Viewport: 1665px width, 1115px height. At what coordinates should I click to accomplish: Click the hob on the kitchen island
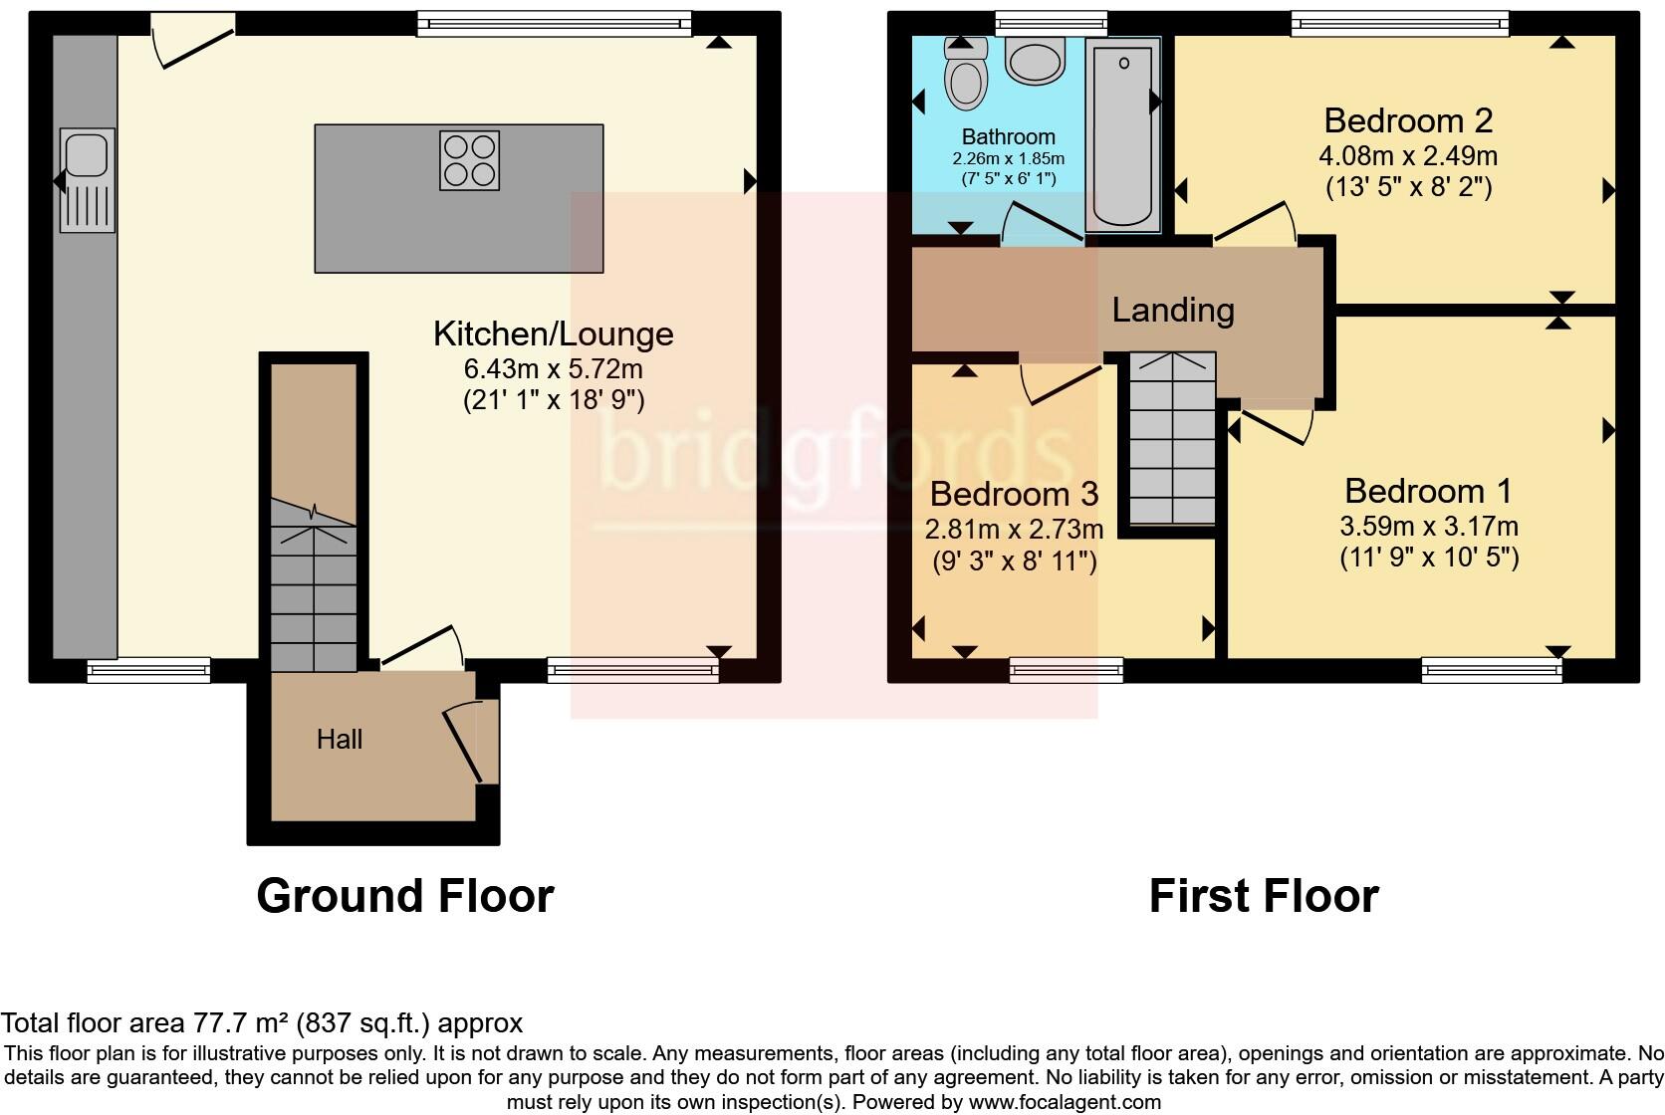(x=469, y=160)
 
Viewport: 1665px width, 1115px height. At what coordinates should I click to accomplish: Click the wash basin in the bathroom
(x=1037, y=59)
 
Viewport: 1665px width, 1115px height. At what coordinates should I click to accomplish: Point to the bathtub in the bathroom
(x=1123, y=135)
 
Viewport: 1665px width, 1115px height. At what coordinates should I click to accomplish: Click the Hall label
(x=340, y=739)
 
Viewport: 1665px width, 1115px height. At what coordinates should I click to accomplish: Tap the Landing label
(x=1173, y=310)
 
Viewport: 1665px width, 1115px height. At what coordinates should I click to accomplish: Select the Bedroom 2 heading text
(x=1408, y=120)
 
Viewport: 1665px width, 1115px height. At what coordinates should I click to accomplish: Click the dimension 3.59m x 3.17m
(x=1429, y=525)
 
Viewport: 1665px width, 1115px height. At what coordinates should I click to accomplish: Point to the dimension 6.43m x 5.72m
(x=553, y=368)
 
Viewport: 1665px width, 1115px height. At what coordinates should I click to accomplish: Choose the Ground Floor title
(x=404, y=895)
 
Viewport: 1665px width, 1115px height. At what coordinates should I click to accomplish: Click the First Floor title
(x=1263, y=895)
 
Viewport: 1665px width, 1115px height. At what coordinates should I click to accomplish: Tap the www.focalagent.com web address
(x=1064, y=1102)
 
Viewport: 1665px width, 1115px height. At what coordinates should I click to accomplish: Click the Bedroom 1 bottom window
(x=1492, y=671)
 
